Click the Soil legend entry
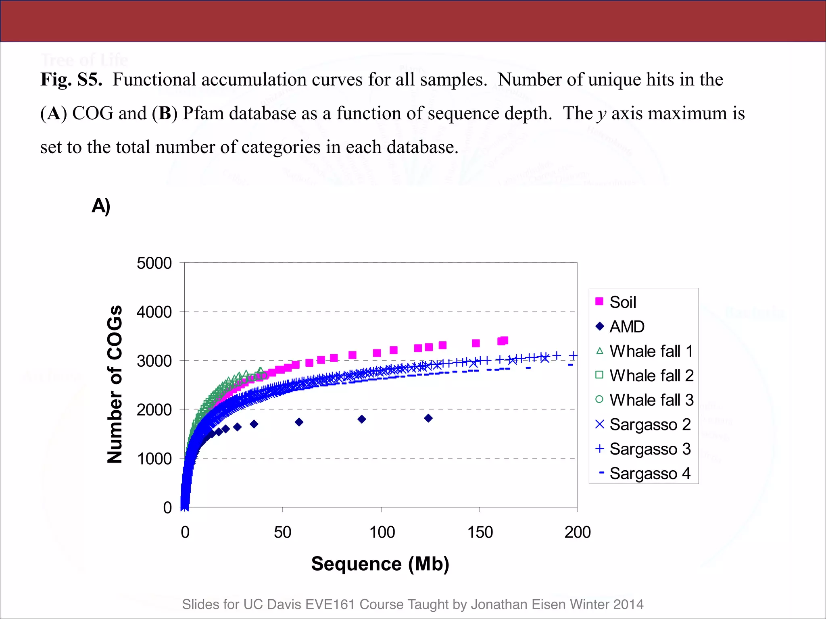click(622, 302)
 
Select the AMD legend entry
click(627, 327)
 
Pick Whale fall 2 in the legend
click(651, 376)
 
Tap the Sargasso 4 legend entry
click(650, 474)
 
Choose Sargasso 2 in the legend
click(650, 425)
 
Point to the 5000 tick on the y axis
click(154, 263)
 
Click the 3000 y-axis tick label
click(154, 361)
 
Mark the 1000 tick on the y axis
click(154, 459)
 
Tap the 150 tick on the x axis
click(480, 532)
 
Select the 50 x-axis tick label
click(282, 532)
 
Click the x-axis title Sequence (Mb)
click(380, 564)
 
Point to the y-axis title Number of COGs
click(115, 384)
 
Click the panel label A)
click(101, 206)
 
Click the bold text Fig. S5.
click(71, 79)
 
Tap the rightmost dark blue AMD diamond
click(428, 418)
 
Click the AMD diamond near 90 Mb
click(362, 420)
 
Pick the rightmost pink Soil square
click(504, 341)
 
